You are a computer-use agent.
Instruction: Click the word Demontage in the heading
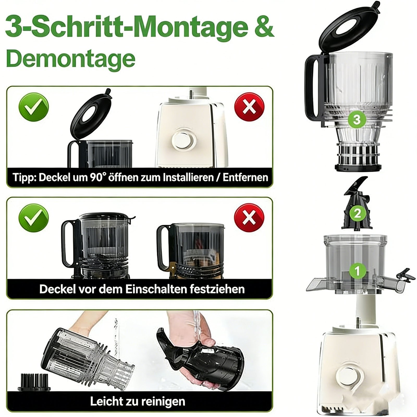pyautogui.click(x=71, y=59)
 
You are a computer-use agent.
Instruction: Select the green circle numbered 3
pyautogui.click(x=357, y=120)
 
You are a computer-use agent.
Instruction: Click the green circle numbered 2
pyautogui.click(x=357, y=213)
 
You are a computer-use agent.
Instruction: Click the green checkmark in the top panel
pyautogui.click(x=34, y=107)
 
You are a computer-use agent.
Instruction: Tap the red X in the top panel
pyautogui.click(x=249, y=107)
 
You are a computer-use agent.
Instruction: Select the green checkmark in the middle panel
pyautogui.click(x=34, y=218)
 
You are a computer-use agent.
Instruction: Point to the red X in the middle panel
pyautogui.click(x=249, y=218)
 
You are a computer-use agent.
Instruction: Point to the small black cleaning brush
pyautogui.click(x=34, y=382)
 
